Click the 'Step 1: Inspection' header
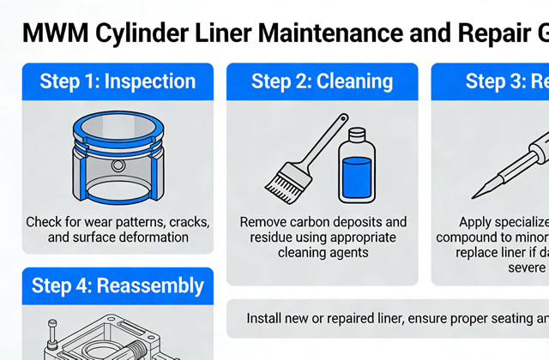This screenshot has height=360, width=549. pyautogui.click(x=118, y=81)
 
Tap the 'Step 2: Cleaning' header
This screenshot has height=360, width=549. pyautogui.click(x=322, y=81)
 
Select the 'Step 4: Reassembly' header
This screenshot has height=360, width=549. pyautogui.click(x=118, y=285)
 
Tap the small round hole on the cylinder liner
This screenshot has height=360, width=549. pyautogui.click(x=118, y=164)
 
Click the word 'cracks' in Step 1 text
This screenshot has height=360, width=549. pyautogui.click(x=184, y=221)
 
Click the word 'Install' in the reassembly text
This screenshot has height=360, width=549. pyautogui.click(x=265, y=318)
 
